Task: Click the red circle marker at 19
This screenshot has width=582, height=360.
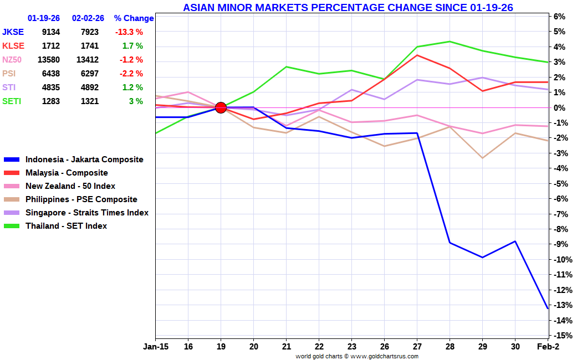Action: [221, 107]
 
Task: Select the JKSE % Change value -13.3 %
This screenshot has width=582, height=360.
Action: [129, 32]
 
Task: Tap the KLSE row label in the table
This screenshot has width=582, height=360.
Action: [13, 46]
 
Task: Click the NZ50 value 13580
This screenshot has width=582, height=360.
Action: [48, 60]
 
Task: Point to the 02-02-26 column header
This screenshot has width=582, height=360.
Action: [88, 18]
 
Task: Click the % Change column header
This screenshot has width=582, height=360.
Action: [134, 18]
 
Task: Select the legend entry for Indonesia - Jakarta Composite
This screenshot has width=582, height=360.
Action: [84, 160]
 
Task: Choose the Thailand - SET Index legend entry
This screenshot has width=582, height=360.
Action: [66, 226]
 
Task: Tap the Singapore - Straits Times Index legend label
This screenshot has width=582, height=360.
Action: [86, 213]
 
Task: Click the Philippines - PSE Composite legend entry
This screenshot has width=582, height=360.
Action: [81, 199]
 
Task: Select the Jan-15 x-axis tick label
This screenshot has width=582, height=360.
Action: [155, 347]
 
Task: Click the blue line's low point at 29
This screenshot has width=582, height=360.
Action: [483, 258]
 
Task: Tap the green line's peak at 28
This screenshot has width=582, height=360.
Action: [450, 42]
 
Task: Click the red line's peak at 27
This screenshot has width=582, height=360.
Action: [417, 55]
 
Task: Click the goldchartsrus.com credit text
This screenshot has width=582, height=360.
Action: [357, 356]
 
